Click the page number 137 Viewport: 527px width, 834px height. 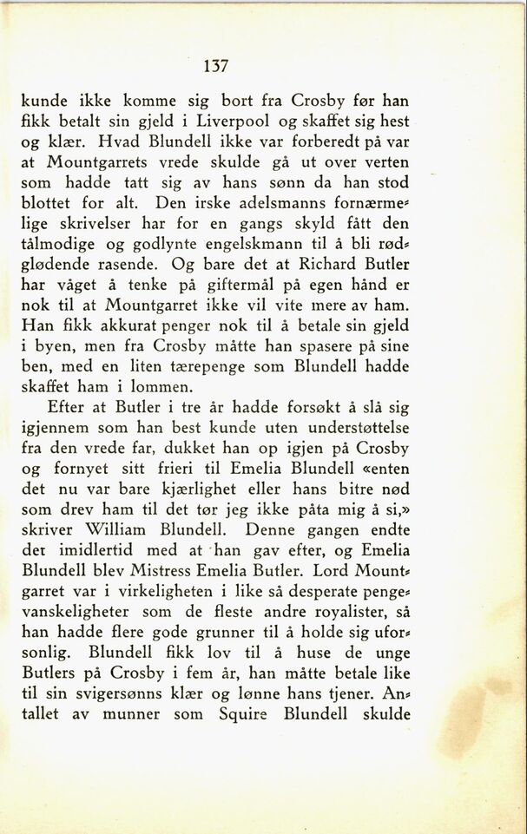click(x=215, y=65)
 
